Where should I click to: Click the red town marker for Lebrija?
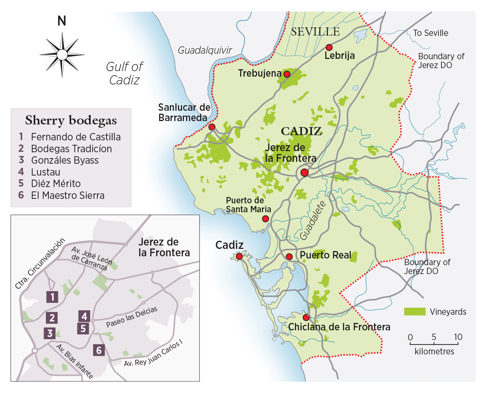[x=329, y=47]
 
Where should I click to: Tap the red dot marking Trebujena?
[x=287, y=74]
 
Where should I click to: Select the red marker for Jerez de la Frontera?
[x=305, y=173]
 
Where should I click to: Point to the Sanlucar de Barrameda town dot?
[x=212, y=127]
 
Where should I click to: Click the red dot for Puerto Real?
[x=289, y=257]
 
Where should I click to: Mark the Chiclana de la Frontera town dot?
[x=306, y=317]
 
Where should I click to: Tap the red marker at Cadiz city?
[x=239, y=256]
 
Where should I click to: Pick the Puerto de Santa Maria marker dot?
[x=265, y=219]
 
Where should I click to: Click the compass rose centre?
[x=62, y=55]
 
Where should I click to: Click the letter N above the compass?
[x=62, y=21]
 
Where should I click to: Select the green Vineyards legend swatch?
[x=414, y=311]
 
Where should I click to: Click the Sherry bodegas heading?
[x=71, y=120]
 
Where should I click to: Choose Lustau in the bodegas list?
[x=46, y=172]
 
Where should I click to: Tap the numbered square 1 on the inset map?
[x=52, y=297]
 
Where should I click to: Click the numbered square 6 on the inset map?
[x=98, y=350]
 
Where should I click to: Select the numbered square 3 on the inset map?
[x=50, y=333]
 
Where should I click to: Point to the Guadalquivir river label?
[x=205, y=50]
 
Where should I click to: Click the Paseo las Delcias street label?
[x=132, y=317]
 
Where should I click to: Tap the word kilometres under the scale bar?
[x=434, y=351]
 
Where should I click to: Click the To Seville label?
[x=430, y=33]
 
